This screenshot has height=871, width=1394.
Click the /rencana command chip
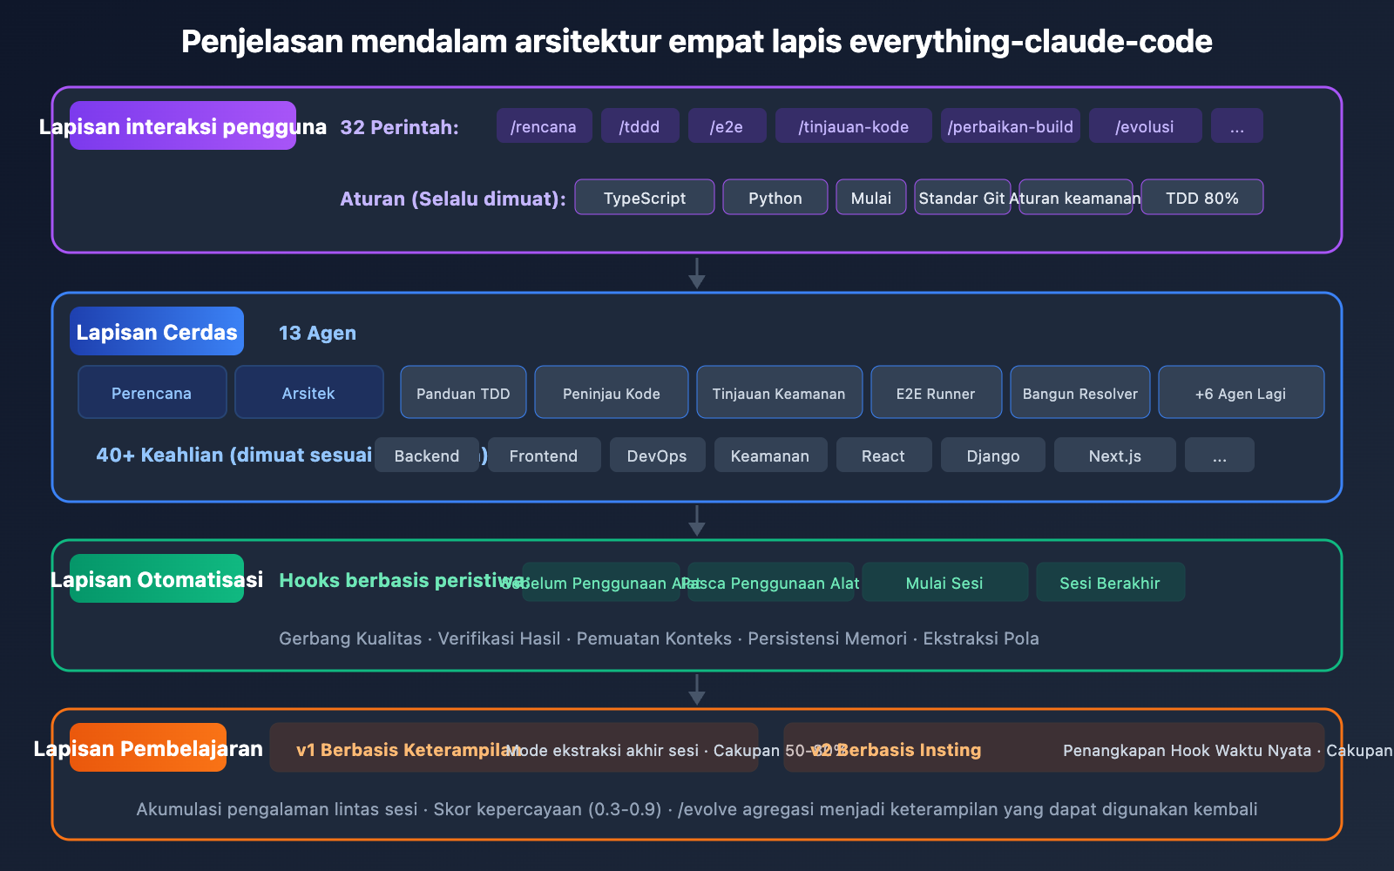tap(544, 125)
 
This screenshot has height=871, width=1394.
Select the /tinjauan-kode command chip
tap(853, 125)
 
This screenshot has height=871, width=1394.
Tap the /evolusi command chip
tap(1145, 125)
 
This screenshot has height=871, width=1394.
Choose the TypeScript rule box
tap(644, 197)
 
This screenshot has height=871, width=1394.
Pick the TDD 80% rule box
tap(1201, 197)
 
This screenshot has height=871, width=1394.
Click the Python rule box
tap(775, 197)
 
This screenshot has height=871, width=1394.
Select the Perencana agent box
tap(152, 392)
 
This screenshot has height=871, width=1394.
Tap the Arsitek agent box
tap(308, 392)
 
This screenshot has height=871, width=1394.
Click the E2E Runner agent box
tap(935, 392)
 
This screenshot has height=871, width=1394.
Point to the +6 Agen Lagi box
tap(1241, 392)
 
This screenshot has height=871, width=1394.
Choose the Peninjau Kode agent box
tap(611, 392)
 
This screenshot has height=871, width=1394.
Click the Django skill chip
tap(992, 455)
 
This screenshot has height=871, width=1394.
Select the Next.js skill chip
tap(1114, 455)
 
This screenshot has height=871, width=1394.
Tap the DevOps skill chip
tap(657, 455)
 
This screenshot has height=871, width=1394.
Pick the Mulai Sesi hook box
tap(944, 582)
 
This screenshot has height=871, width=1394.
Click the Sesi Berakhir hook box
tap(1110, 582)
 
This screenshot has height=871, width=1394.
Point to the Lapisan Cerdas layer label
tap(157, 331)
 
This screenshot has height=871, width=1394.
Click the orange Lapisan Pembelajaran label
tap(148, 747)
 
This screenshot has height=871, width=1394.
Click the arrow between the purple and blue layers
tap(697, 273)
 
